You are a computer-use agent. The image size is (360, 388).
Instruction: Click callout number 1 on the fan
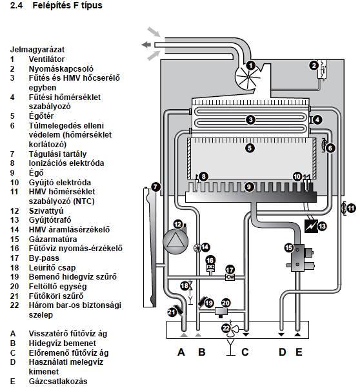click(251, 66)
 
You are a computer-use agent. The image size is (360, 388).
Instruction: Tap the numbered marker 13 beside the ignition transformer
click(322, 226)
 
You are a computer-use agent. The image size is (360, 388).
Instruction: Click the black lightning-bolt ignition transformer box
click(311, 226)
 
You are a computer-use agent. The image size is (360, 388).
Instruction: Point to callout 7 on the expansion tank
click(155, 187)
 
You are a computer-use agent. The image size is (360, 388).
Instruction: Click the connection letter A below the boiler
click(181, 352)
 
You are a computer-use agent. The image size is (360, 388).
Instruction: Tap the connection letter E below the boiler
click(299, 352)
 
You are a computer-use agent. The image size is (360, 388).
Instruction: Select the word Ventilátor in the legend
click(46, 59)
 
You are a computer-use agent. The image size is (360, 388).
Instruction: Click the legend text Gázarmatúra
click(53, 240)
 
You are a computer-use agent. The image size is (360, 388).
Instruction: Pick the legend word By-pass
click(44, 258)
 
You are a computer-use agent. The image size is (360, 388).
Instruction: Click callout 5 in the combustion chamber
click(250, 148)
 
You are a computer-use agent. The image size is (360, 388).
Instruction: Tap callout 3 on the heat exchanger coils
click(250, 120)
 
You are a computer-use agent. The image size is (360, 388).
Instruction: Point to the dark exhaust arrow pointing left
click(146, 45)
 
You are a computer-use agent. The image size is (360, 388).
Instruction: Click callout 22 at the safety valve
click(226, 329)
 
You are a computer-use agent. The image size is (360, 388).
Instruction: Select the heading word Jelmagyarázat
click(37, 50)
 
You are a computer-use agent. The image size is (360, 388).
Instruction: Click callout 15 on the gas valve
click(289, 248)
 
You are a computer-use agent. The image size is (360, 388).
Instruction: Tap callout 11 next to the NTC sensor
click(351, 208)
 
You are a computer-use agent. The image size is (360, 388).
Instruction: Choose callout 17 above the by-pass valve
click(230, 270)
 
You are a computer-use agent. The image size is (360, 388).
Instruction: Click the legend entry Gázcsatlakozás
click(58, 382)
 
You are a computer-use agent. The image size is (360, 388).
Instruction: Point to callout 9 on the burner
click(249, 187)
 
